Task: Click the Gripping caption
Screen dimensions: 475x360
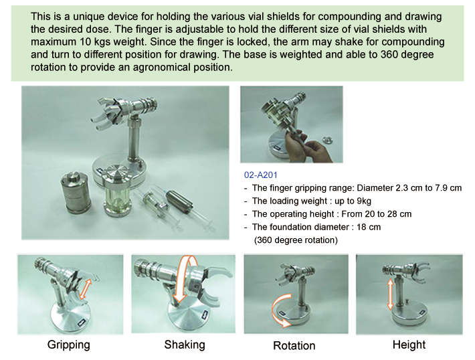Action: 69,345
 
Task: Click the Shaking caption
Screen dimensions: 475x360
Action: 185,345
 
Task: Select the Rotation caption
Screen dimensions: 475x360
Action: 294,345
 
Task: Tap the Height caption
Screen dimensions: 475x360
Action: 409,345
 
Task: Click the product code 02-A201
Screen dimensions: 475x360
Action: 260,175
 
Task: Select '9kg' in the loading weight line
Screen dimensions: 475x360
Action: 363,201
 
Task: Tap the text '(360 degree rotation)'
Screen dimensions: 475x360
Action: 296,240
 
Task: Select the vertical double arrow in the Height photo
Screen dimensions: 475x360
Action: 391,294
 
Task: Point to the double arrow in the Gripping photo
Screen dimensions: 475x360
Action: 85,289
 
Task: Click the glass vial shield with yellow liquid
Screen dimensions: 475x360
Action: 117,190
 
